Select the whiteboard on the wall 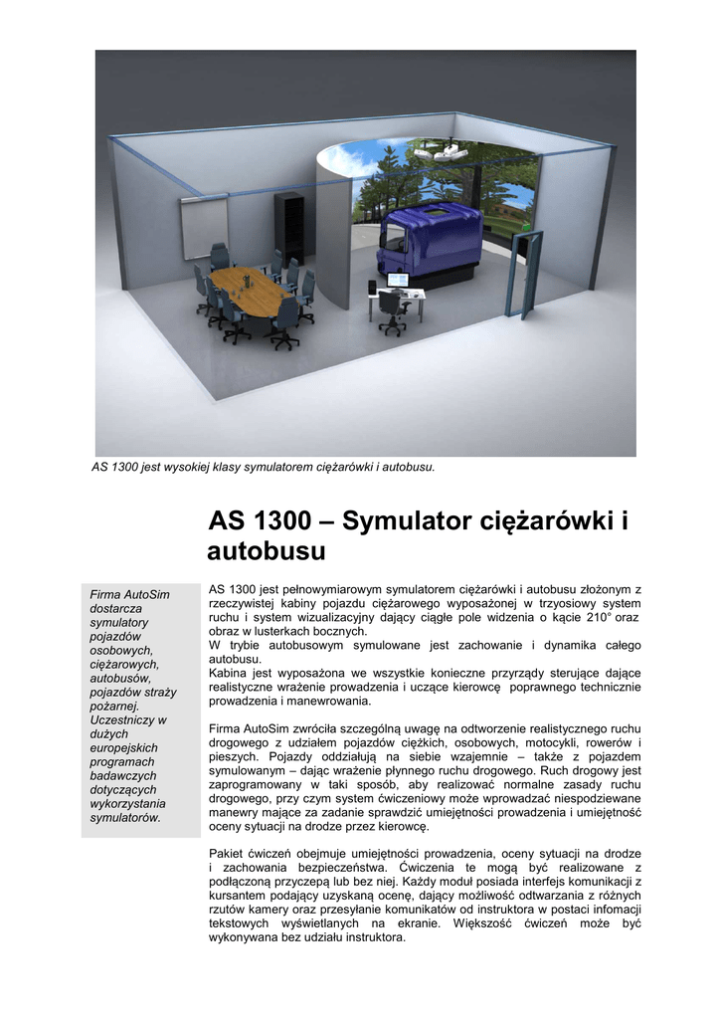click(193, 232)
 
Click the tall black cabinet click(290, 227)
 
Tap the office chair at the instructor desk click(392, 314)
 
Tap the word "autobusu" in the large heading click(267, 551)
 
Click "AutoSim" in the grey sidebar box click(146, 594)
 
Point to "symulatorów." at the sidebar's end click(125, 817)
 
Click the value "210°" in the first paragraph click(600, 617)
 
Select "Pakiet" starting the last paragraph click(229, 853)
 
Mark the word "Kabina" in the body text click(230, 673)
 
